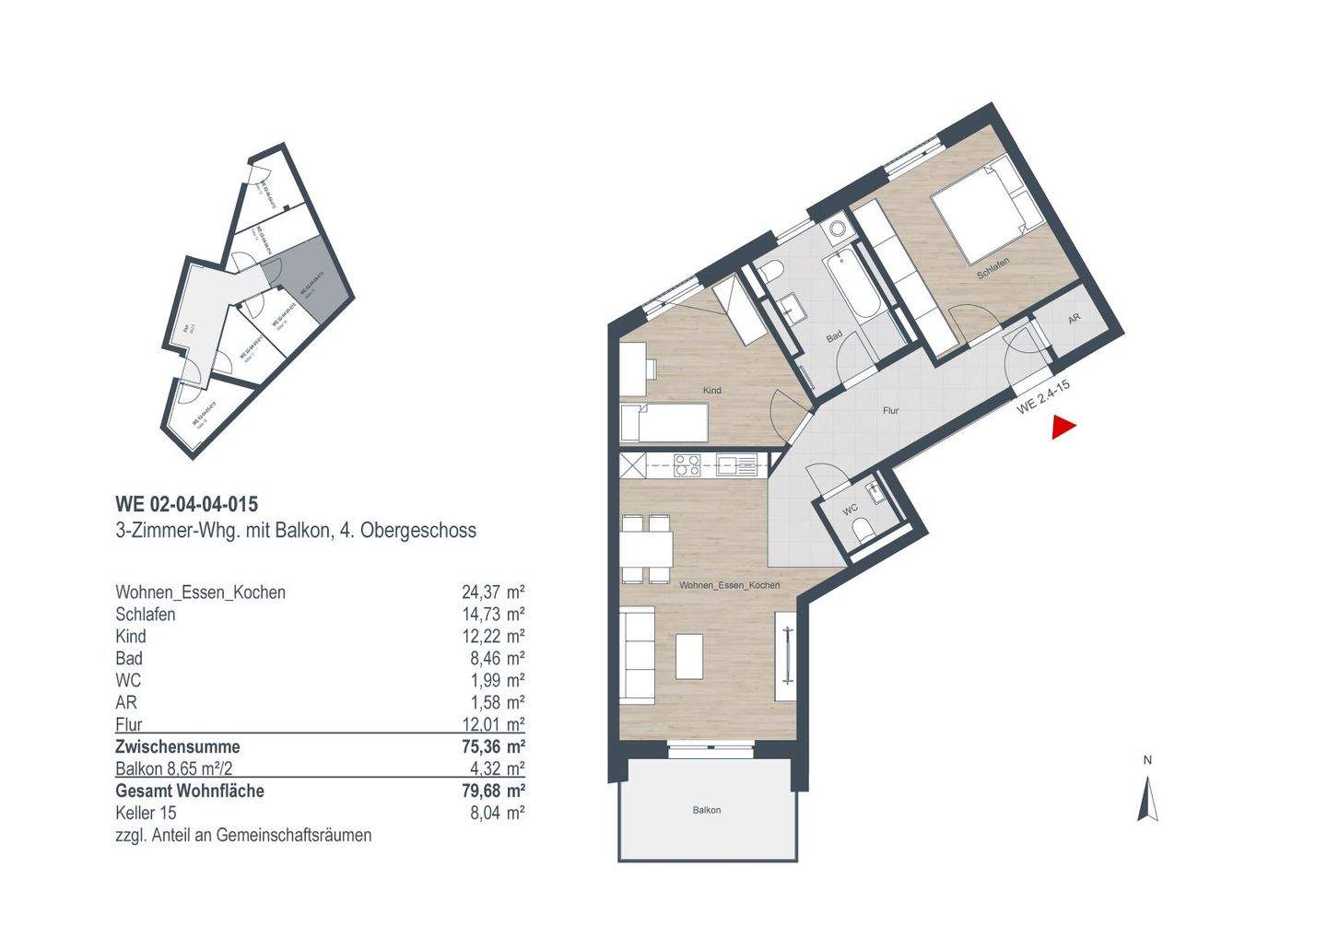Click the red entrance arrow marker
pos(1064,428)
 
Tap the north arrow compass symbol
pos(1147,798)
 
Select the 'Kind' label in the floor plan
pos(711,391)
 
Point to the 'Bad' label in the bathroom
pos(834,338)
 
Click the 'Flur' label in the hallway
pos(890,411)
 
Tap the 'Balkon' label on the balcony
pos(707,810)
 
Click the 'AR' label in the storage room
pos(1074,319)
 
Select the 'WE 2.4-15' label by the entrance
pos(1042,398)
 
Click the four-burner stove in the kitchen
pos(687,465)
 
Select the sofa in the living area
pos(637,654)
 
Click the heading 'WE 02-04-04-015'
pos(186,504)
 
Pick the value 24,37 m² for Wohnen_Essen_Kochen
pos(492,592)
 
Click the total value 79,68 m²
pos(492,791)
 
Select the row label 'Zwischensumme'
pos(177,746)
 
